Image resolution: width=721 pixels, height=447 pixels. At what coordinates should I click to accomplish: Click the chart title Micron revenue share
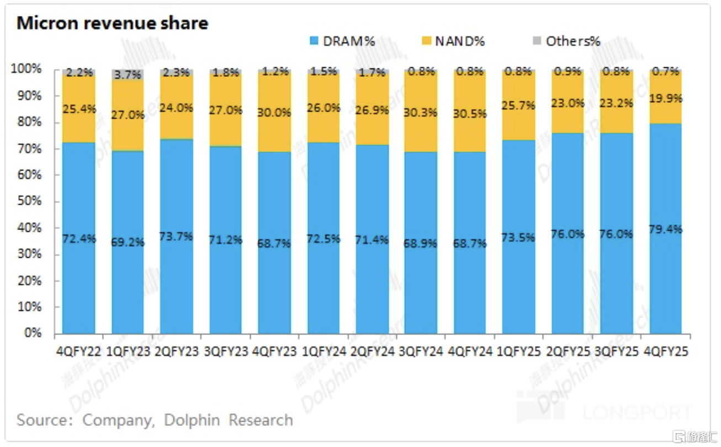click(112, 23)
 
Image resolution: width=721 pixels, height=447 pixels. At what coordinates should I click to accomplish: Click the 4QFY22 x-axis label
click(79, 351)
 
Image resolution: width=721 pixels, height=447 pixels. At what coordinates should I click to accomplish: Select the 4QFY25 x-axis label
click(666, 351)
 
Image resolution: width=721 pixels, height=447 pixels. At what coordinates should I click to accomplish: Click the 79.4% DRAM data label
click(666, 229)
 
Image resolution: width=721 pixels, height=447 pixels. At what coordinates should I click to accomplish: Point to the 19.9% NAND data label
click(666, 98)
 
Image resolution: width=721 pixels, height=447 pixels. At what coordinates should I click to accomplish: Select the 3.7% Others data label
click(128, 74)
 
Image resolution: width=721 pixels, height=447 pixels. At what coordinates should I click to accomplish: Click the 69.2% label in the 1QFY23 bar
click(128, 242)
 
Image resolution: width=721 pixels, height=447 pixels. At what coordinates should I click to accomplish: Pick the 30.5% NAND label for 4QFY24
click(470, 114)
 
